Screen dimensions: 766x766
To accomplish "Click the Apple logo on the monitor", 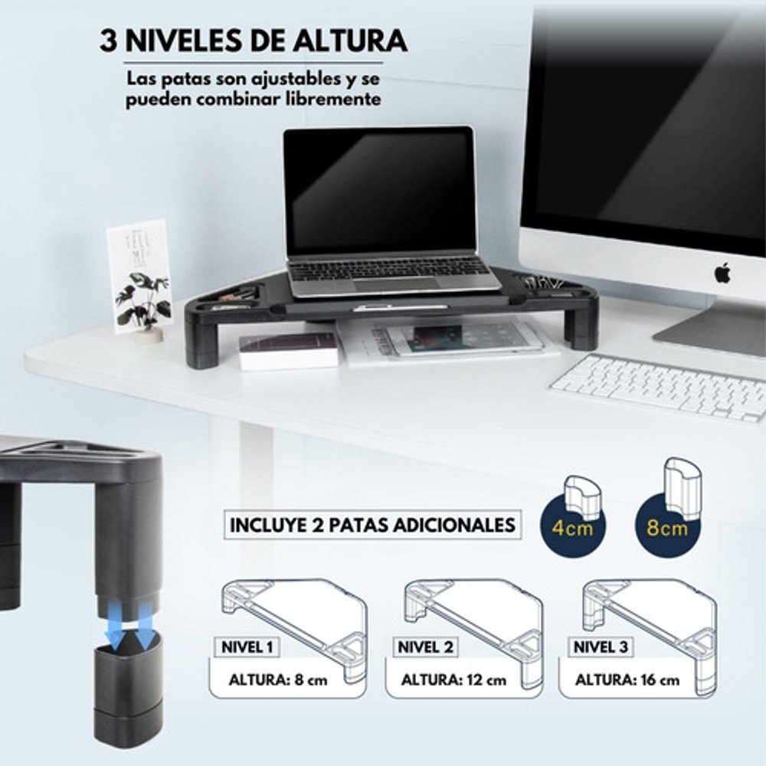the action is (722, 273).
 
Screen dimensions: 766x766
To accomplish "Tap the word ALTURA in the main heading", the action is (350, 41).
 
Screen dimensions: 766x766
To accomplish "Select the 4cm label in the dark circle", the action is (572, 528).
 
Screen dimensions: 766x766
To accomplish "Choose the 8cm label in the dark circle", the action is (667, 528).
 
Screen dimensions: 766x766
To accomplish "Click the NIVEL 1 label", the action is (247, 647).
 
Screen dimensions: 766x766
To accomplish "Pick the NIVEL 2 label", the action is (425, 647).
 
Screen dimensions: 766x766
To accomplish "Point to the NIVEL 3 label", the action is (601, 647).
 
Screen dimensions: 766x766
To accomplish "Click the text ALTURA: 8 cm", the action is (278, 680).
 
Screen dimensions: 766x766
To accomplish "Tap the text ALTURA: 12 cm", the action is (453, 680).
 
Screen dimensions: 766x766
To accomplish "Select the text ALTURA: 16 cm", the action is (627, 680).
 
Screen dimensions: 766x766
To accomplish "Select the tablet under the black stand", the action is (464, 339).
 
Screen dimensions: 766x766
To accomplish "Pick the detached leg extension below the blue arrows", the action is (128, 690).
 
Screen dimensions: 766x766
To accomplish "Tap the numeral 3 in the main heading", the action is (109, 41).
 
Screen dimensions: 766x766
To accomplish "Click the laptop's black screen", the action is (380, 191).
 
